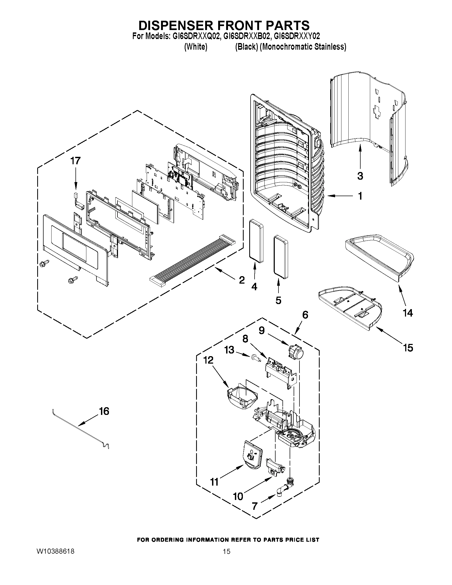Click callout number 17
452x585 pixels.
[75, 161]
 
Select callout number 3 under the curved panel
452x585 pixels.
[360, 176]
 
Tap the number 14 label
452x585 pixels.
[408, 313]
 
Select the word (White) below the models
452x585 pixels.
[196, 47]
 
